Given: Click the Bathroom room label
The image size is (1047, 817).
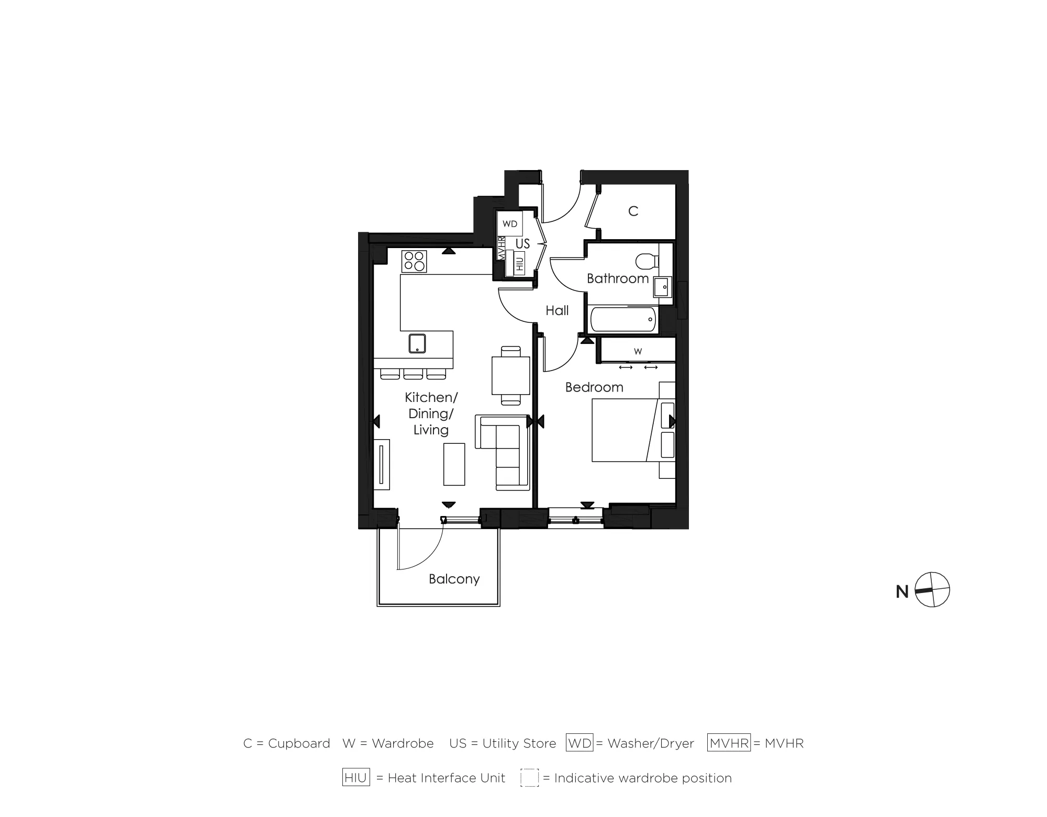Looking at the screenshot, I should click(618, 278).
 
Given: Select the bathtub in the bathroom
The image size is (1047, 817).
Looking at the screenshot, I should click(623, 319).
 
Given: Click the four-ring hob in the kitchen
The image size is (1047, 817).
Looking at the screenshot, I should click(414, 261).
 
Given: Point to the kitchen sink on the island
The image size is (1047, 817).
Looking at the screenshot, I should click(417, 343).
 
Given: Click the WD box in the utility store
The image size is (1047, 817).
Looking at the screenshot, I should click(509, 224).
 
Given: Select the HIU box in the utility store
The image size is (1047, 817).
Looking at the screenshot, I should click(519, 263).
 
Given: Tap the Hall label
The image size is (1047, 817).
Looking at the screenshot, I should click(557, 311).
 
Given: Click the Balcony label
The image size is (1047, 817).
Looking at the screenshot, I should click(454, 579).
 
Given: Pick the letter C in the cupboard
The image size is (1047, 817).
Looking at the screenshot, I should click(633, 211).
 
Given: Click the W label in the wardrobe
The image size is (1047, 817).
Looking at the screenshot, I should click(638, 351).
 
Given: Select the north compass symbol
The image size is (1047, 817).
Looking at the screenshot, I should click(932, 590).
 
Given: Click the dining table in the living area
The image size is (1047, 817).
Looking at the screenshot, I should click(510, 375).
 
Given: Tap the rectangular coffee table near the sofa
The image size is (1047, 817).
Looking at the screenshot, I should click(454, 464).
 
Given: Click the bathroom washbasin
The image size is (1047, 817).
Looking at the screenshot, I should click(662, 287).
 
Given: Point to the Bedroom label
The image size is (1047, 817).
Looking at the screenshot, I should click(594, 387).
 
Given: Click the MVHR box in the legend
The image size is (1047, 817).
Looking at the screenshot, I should click(729, 743).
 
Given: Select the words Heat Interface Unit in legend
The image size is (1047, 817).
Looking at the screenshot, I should click(446, 778).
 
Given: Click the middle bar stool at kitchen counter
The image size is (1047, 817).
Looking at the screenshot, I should click(413, 374).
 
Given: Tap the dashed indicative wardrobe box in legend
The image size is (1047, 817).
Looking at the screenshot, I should click(529, 778).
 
